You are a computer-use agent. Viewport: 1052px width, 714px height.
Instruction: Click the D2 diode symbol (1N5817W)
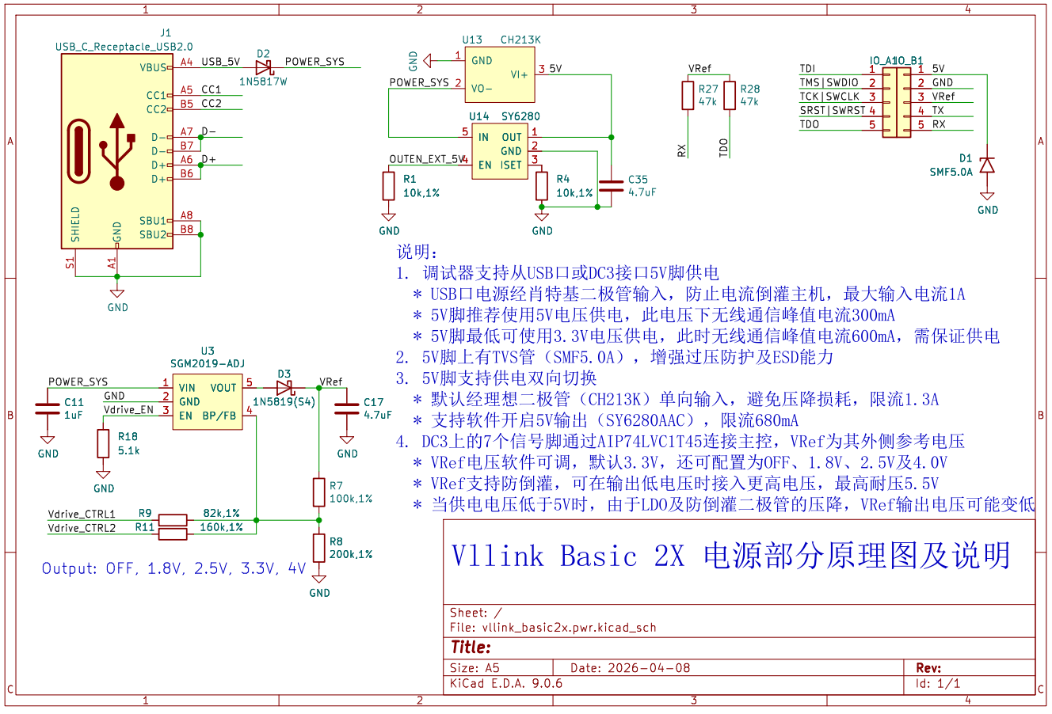263,68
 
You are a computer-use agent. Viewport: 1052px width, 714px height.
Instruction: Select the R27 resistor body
688,96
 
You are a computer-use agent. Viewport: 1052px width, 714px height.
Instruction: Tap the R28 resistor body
730,96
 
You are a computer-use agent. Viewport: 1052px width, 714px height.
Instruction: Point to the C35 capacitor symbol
611,186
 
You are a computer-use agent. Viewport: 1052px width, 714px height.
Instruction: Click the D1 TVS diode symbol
987,165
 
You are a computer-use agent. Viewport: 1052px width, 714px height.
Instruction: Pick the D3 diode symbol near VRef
285,388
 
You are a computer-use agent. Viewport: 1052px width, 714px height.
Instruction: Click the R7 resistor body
318,492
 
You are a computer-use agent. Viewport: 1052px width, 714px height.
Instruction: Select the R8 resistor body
318,548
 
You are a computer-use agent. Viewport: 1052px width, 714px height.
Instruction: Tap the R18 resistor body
103,443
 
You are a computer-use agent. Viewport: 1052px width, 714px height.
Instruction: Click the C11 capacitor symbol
48,408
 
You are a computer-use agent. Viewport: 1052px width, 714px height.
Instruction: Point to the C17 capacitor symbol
347,408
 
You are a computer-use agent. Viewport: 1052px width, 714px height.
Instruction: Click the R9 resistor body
173,520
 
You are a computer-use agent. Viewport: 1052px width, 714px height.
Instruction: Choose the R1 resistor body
388,186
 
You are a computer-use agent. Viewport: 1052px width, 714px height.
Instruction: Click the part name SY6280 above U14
520,116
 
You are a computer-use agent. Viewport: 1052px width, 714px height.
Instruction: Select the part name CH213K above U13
520,40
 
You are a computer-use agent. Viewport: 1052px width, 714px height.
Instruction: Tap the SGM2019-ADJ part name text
208,363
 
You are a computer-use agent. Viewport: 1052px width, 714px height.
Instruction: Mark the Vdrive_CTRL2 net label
82,528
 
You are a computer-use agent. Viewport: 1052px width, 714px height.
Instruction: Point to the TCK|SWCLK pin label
829,97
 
